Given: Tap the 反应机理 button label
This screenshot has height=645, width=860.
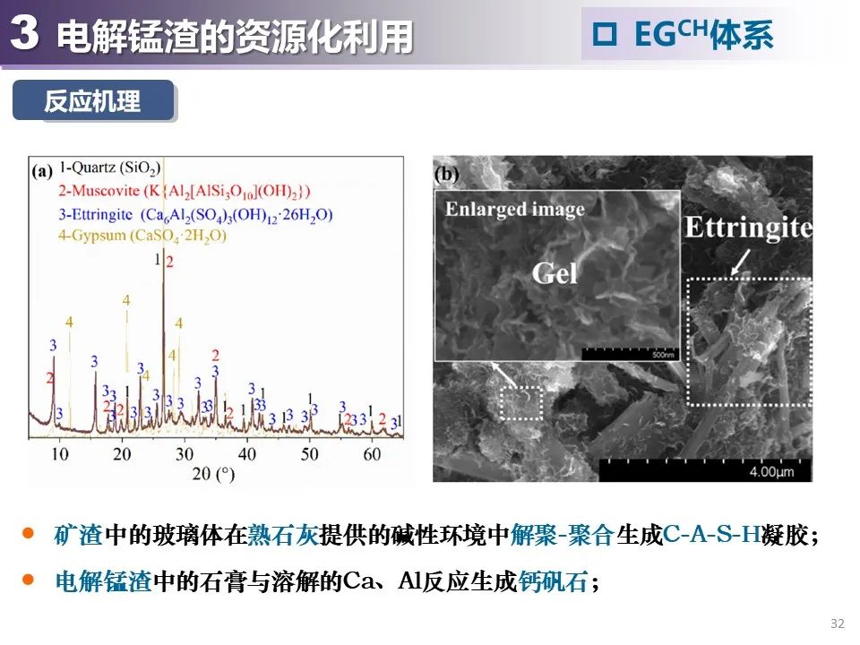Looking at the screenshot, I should click(x=92, y=101).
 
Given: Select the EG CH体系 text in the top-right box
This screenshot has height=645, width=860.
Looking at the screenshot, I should click(x=702, y=35).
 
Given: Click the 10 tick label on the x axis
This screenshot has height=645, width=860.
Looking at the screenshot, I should click(x=59, y=454).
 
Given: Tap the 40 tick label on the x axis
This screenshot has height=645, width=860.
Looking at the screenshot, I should click(x=246, y=454).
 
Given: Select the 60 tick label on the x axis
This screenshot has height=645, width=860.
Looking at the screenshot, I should click(x=371, y=454).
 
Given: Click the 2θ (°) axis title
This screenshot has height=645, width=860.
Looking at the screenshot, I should click(x=214, y=473).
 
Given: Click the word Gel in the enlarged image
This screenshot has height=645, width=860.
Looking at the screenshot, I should click(x=555, y=272).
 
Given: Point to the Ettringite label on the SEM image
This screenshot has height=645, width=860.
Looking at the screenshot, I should click(x=748, y=228).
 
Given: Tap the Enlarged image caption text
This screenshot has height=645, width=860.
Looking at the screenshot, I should click(x=514, y=210).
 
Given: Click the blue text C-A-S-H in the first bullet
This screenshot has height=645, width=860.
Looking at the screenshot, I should click(x=712, y=536).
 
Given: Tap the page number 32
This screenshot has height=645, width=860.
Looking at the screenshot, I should click(x=838, y=623).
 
